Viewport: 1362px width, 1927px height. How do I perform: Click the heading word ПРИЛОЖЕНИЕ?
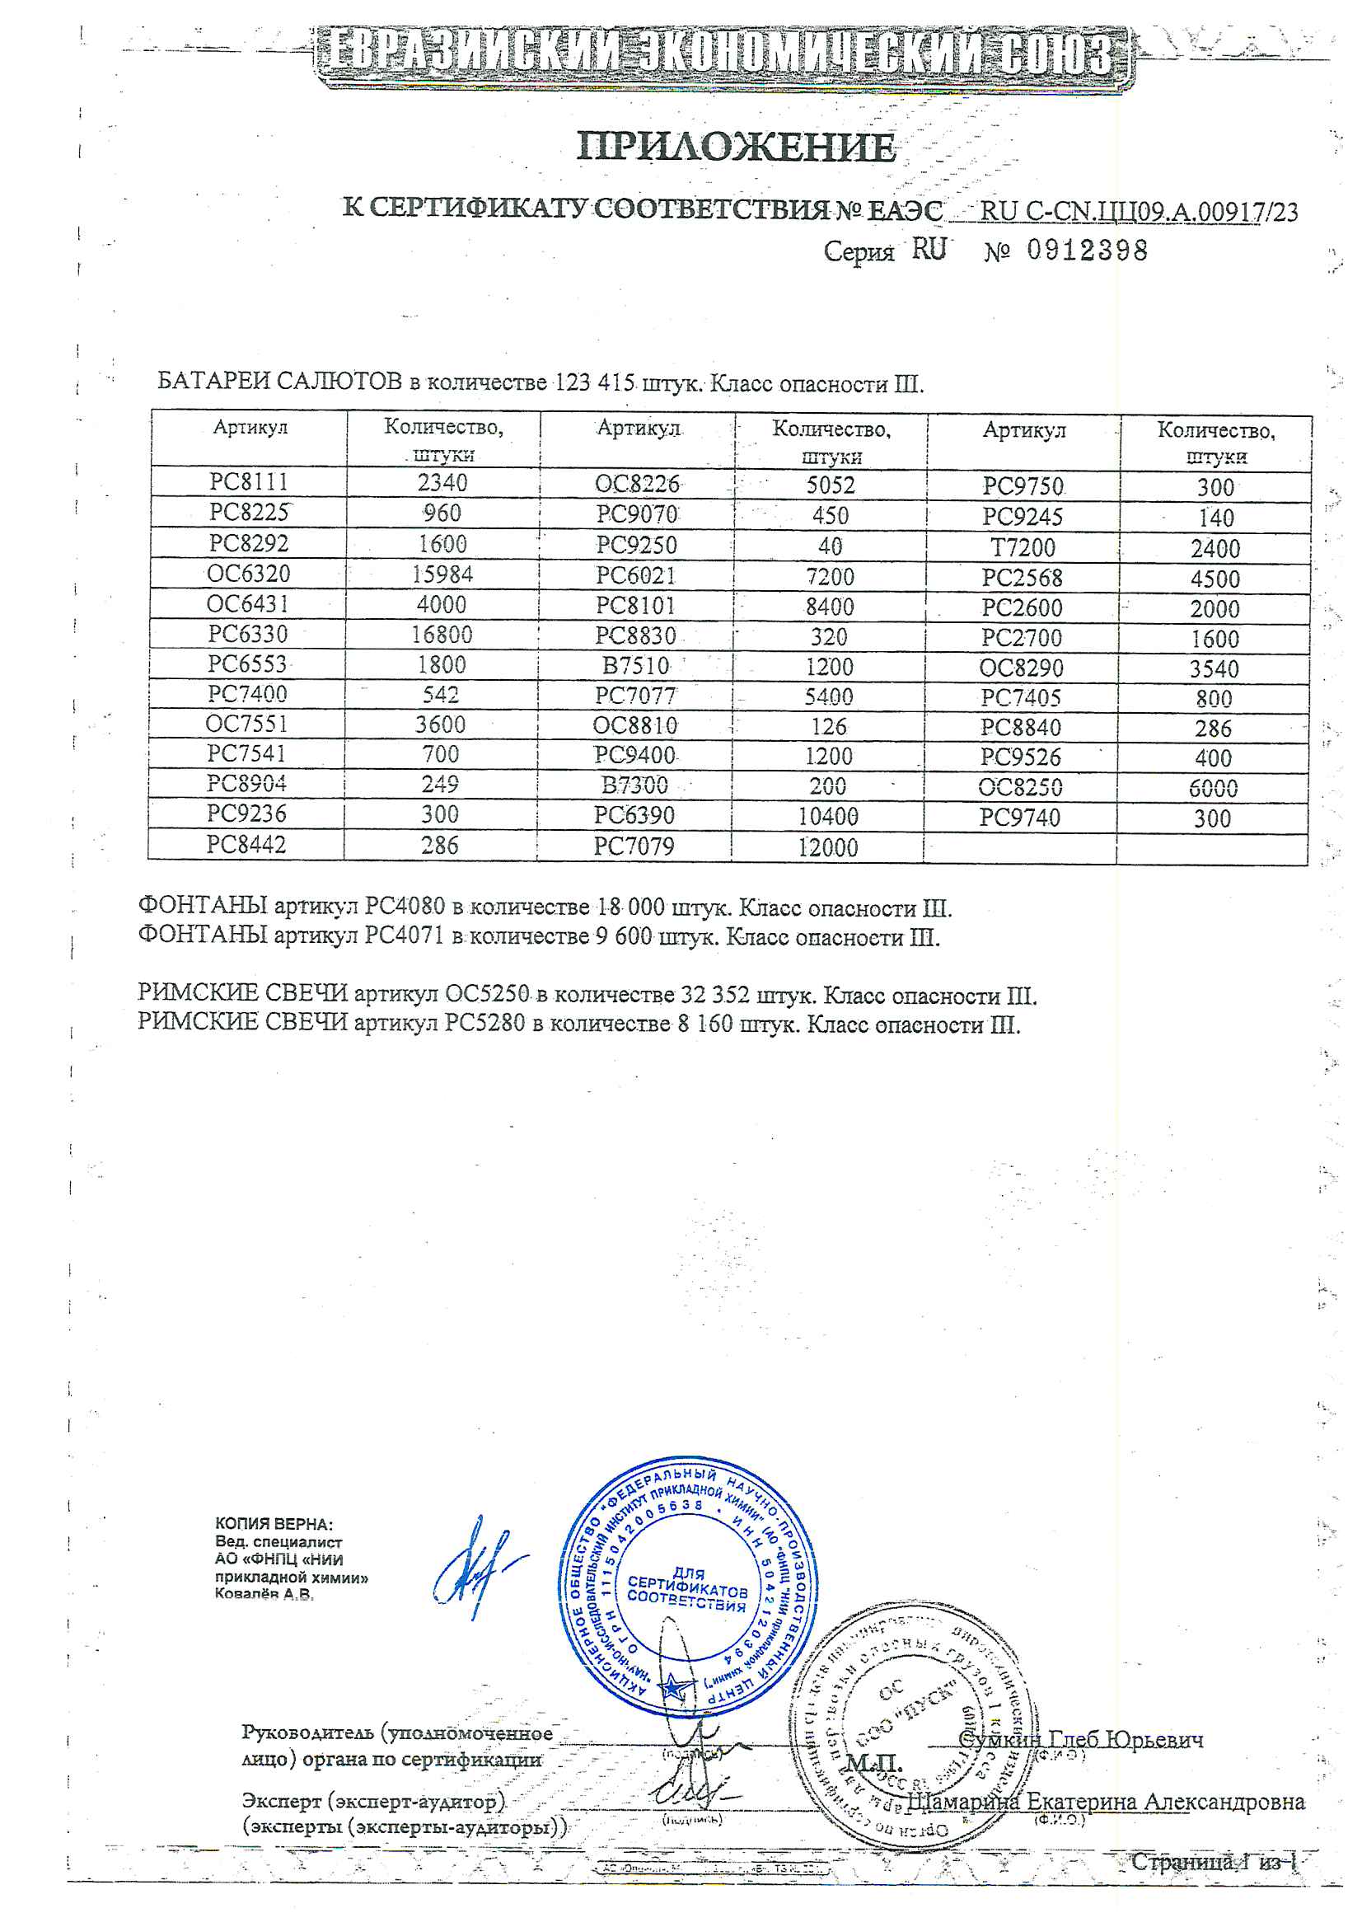pyautogui.click(x=736, y=147)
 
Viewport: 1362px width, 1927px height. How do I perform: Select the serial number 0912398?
pyautogui.click(x=1087, y=250)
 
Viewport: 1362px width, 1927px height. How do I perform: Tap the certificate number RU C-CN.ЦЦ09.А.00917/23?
pyautogui.click(x=1138, y=212)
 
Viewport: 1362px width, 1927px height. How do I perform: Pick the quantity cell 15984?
pyautogui.click(x=442, y=574)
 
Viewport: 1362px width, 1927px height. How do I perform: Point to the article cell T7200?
pyautogui.click(x=1023, y=548)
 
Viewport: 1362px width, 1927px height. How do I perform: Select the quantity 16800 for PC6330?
pyautogui.click(x=442, y=635)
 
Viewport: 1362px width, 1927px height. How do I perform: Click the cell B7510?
pyautogui.click(x=635, y=667)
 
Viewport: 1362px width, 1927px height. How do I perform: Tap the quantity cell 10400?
pyautogui.click(x=827, y=817)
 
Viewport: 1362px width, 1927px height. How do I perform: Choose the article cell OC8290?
pyautogui.click(x=1020, y=668)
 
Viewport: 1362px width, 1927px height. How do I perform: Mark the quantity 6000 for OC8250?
pyautogui.click(x=1213, y=788)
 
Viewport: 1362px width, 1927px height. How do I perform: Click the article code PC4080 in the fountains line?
pyautogui.click(x=405, y=907)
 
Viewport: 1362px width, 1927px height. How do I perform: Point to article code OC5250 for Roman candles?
pyautogui.click(x=487, y=995)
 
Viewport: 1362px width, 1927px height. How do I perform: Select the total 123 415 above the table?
pyautogui.click(x=595, y=382)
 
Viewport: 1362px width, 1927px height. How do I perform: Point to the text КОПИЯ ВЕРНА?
pyautogui.click(x=274, y=1524)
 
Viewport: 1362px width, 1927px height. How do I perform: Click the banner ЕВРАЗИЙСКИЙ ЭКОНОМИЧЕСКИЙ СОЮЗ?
pyautogui.click(x=722, y=54)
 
